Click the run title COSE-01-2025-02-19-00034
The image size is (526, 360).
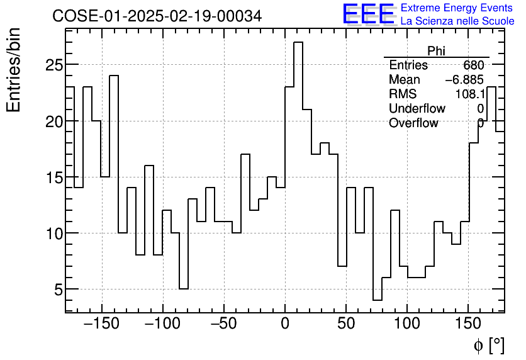click(x=157, y=16)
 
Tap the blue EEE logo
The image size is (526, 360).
click(x=368, y=14)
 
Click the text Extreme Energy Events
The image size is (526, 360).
click(x=457, y=8)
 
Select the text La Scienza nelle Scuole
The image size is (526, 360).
click(x=457, y=21)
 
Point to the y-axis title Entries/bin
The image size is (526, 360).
click(x=14, y=70)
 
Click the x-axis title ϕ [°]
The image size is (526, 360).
click(x=488, y=345)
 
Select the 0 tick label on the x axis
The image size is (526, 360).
click(x=285, y=325)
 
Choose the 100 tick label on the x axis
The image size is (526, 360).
click(x=407, y=325)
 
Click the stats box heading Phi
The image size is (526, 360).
click(x=436, y=51)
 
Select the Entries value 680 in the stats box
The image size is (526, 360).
click(x=473, y=65)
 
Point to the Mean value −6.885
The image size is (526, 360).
click(x=464, y=80)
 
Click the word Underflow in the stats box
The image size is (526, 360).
click(x=417, y=109)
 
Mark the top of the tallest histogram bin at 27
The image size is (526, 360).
click(x=298, y=42)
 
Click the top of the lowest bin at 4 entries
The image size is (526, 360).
click(x=378, y=300)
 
